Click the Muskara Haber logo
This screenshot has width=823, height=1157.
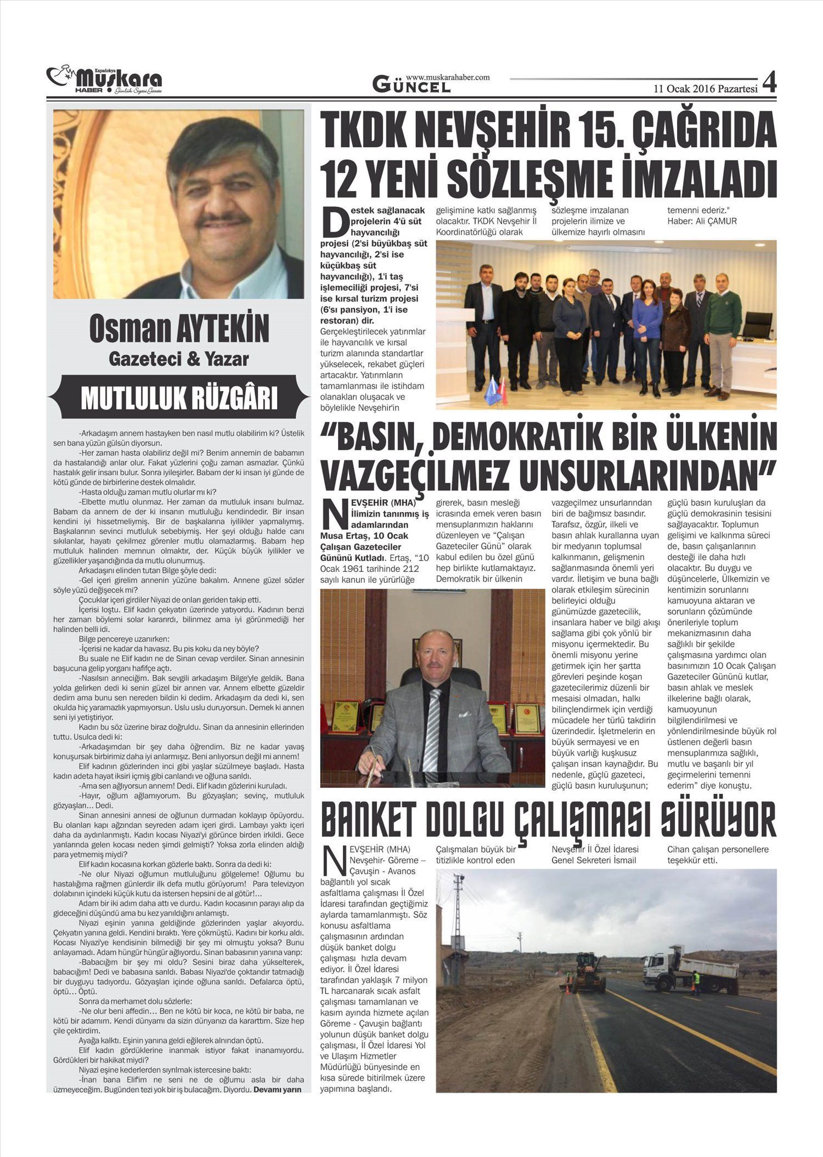coord(104,80)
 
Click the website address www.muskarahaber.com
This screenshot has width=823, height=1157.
coord(448,77)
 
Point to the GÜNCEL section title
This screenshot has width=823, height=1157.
coord(411,85)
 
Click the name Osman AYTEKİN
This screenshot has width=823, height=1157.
coord(179,329)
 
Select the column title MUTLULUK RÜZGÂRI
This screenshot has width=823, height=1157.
coord(179,398)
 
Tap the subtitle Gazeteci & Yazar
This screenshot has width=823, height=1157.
coord(179,359)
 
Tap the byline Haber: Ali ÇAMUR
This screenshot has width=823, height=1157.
coord(702,221)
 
